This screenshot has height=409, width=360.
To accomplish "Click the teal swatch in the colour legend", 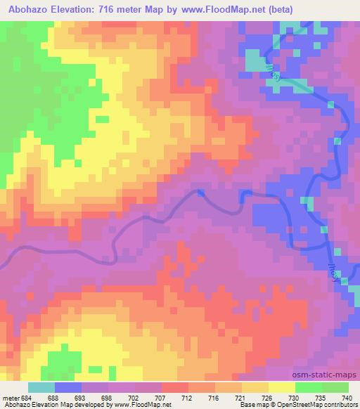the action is point(41,388).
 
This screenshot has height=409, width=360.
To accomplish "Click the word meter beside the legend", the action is point(10,398).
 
